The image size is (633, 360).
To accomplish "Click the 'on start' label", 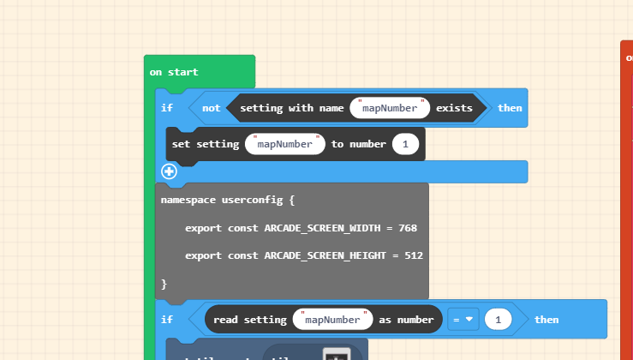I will click(174, 72).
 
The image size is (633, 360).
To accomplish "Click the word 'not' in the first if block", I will click(211, 108).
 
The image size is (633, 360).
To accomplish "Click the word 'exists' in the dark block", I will click(454, 108).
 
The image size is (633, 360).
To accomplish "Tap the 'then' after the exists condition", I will click(510, 108).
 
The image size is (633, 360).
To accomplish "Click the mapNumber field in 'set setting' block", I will click(285, 144).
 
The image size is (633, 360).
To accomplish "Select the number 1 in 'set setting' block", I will click(405, 144).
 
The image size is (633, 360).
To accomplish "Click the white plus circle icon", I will click(169, 171).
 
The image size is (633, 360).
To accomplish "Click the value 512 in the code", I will click(413, 255).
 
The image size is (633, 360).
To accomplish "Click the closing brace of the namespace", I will click(164, 283).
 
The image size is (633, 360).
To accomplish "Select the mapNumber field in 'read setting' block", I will click(332, 320).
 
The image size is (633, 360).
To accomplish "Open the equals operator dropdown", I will click(463, 320).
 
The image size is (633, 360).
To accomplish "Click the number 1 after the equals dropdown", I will click(498, 320).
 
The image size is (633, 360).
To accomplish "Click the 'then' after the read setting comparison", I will click(546, 320).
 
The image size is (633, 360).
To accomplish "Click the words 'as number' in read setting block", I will click(406, 320).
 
